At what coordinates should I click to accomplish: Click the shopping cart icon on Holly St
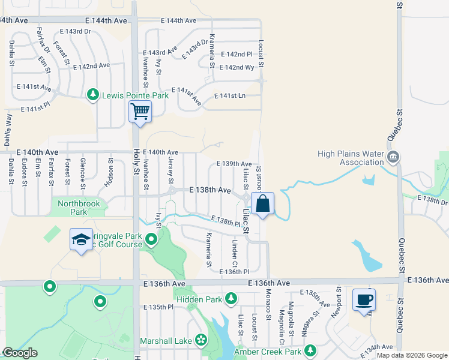(x=140, y=111)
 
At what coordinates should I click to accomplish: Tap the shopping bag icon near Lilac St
(x=263, y=203)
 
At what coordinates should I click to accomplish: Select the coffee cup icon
(x=364, y=299)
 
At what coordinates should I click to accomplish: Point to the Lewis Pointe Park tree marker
(x=93, y=95)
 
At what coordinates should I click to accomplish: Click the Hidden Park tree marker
(x=232, y=298)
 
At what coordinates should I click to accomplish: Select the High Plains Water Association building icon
(x=393, y=158)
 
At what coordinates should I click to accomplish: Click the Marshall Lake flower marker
(x=201, y=341)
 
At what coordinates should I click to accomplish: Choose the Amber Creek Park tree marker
(x=310, y=352)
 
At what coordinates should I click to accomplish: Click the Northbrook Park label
(x=80, y=208)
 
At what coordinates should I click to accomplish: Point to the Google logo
(x=20, y=353)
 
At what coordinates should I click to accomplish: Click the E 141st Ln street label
(x=230, y=96)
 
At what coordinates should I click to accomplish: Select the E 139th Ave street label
(x=234, y=164)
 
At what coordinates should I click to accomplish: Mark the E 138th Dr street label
(x=436, y=203)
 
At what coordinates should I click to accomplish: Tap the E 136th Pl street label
(x=234, y=272)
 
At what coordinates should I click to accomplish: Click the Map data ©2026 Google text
(x=411, y=355)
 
